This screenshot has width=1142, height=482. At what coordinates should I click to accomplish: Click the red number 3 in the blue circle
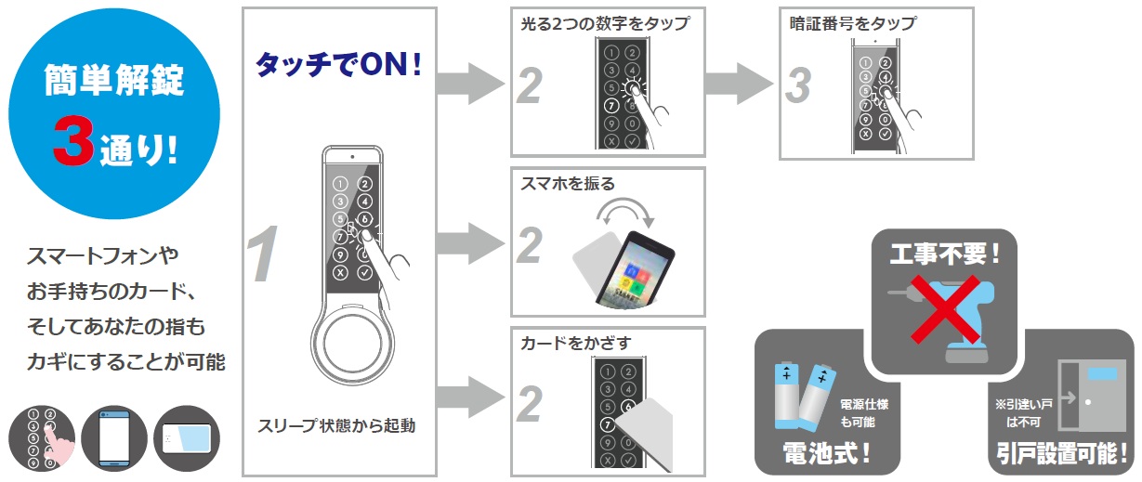(71, 142)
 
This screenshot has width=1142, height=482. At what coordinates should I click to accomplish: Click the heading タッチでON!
(338, 63)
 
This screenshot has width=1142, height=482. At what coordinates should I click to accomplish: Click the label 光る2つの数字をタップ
(605, 23)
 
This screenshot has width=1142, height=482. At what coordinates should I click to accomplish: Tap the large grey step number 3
(797, 85)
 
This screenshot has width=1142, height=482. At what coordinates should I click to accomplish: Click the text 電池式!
(826, 455)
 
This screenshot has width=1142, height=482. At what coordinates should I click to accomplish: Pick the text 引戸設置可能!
(1060, 455)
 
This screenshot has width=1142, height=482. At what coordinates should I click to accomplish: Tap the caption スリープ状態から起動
(336, 427)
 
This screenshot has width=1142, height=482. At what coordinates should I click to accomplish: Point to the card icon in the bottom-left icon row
(187, 436)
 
